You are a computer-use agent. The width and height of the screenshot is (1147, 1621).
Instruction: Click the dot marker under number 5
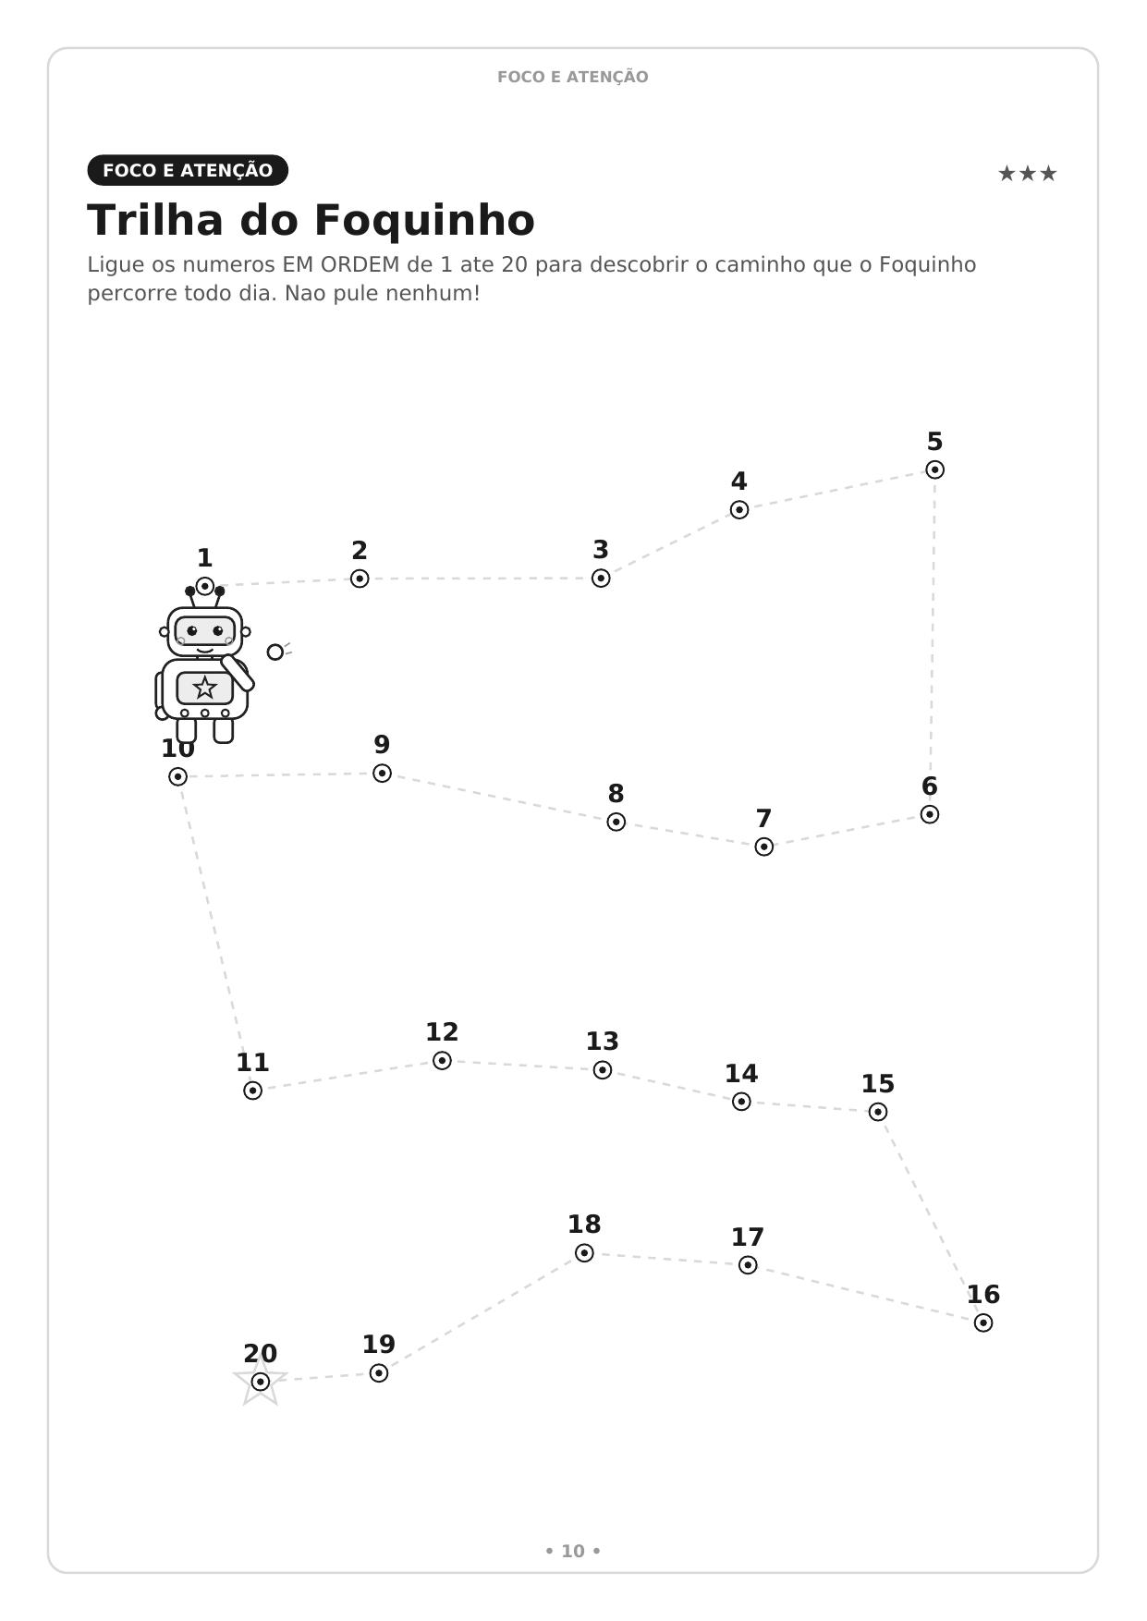[934, 469]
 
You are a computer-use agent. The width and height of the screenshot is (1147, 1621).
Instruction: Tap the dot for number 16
[982, 1322]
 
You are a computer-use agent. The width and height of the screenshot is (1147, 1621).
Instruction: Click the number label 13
[602, 1042]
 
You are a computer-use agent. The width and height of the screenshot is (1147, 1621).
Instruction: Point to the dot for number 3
[601, 579]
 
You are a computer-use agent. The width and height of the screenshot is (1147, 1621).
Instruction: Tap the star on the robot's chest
[204, 688]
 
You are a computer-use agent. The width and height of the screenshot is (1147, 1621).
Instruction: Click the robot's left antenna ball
[190, 591]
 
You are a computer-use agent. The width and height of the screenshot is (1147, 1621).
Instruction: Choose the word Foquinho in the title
[424, 221]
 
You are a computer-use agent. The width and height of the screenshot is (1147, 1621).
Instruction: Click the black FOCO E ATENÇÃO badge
[188, 170]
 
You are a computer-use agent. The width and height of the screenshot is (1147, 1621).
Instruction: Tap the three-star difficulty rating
[1027, 174]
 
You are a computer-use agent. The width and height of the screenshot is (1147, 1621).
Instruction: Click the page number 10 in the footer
[573, 1552]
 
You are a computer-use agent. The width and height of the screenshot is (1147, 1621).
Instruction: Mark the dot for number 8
[616, 822]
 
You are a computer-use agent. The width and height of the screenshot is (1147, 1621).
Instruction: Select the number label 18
[584, 1225]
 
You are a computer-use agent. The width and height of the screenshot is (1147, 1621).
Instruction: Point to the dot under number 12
[442, 1060]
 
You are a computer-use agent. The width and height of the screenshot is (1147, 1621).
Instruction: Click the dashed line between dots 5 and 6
[933, 641]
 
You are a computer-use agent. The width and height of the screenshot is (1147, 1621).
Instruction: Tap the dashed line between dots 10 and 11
[214, 933]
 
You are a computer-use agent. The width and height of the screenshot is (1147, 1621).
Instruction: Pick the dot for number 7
[763, 847]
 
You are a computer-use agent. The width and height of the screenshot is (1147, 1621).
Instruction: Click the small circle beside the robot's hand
[275, 652]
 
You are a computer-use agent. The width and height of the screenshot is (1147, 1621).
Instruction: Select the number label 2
[360, 551]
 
